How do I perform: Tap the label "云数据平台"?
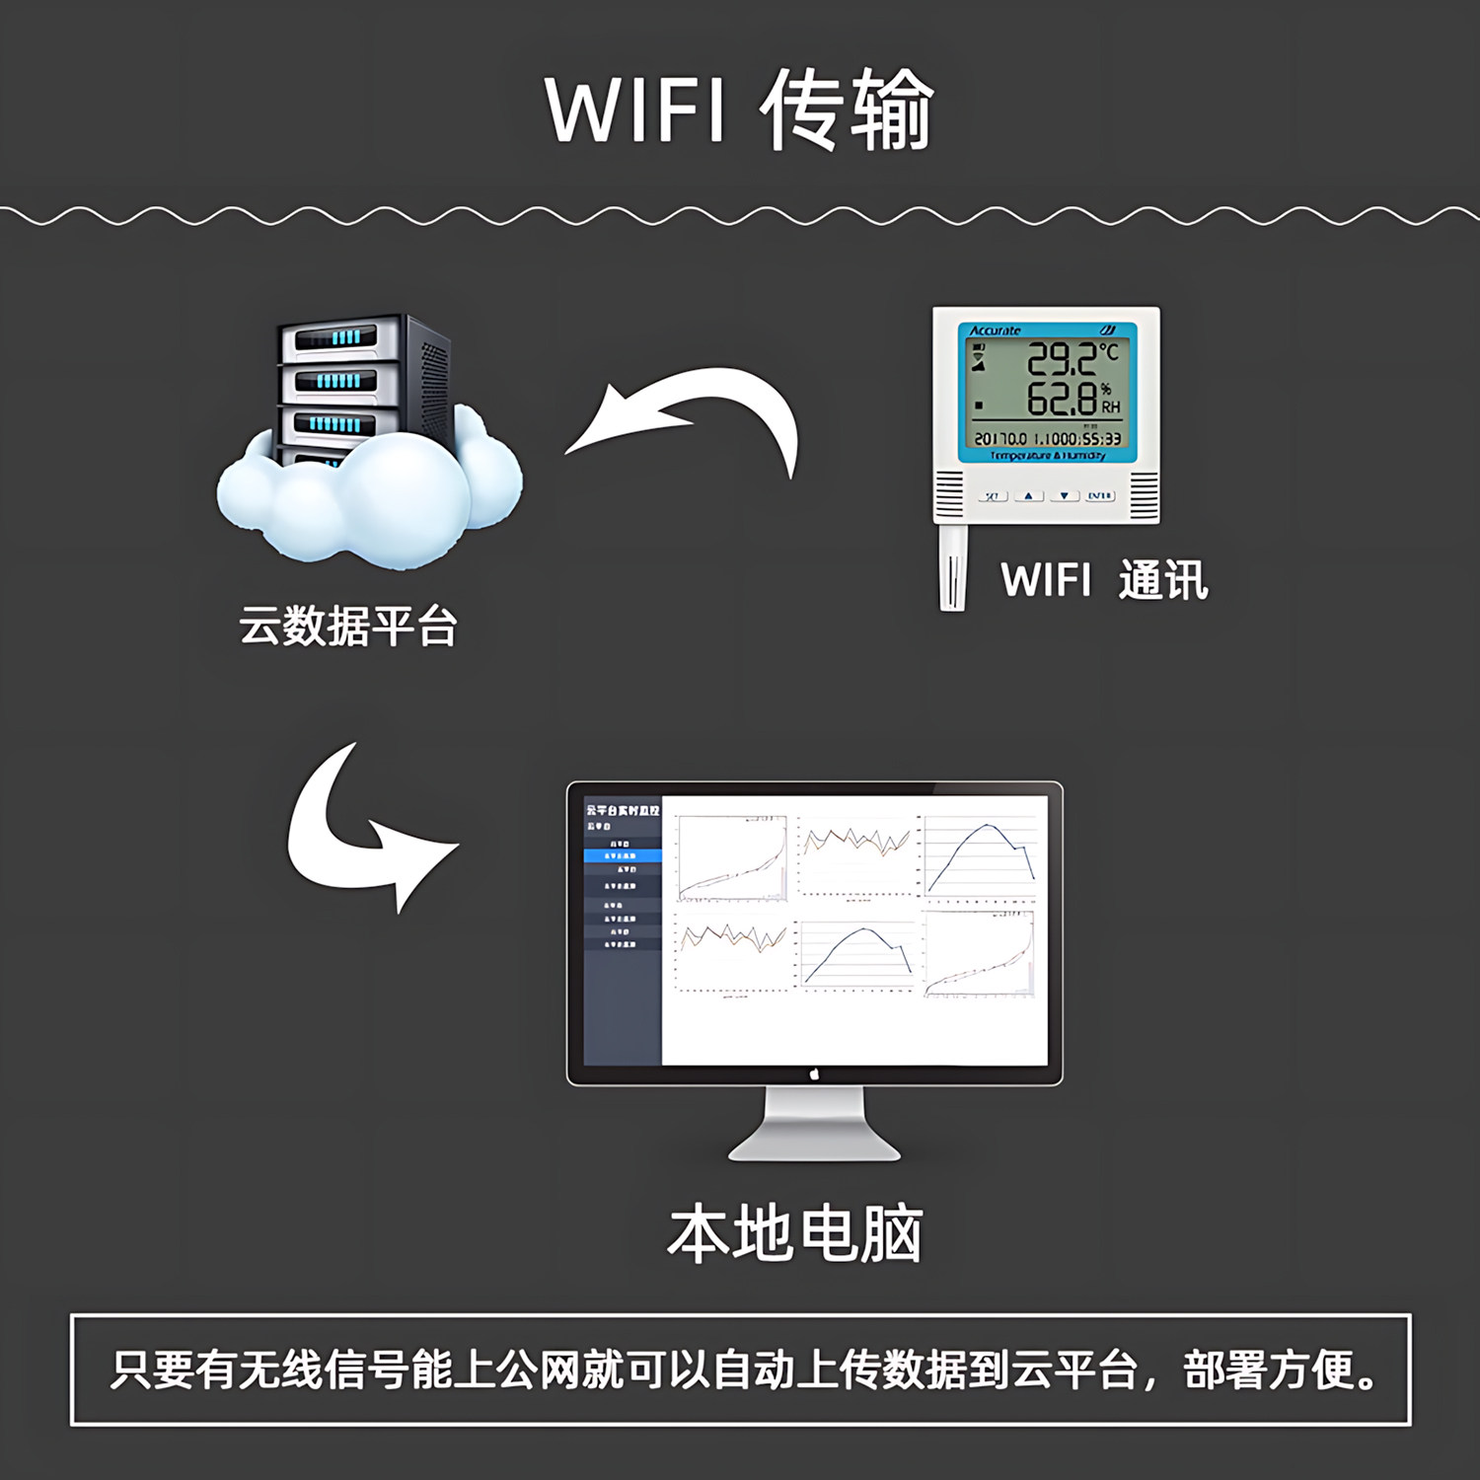[x=347, y=626]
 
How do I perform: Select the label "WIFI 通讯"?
[x=1104, y=579]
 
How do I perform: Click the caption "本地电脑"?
[x=794, y=1233]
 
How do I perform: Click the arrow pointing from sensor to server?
[x=691, y=414]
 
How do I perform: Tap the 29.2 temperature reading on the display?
[x=1062, y=359]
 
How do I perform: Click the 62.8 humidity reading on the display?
[x=1062, y=400]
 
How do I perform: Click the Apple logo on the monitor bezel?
[x=815, y=1074]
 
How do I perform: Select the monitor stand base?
[x=815, y=1145]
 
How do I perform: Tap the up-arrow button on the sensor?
[x=1028, y=495]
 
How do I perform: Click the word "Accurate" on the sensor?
[x=995, y=331]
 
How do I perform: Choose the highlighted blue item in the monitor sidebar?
[x=623, y=855]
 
